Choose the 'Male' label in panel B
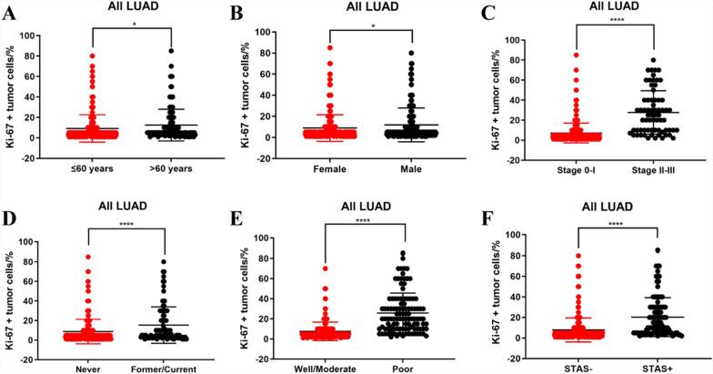[x=412, y=169]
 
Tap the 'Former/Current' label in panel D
[x=165, y=369]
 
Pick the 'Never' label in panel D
[x=88, y=369]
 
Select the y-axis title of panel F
[x=497, y=287]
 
